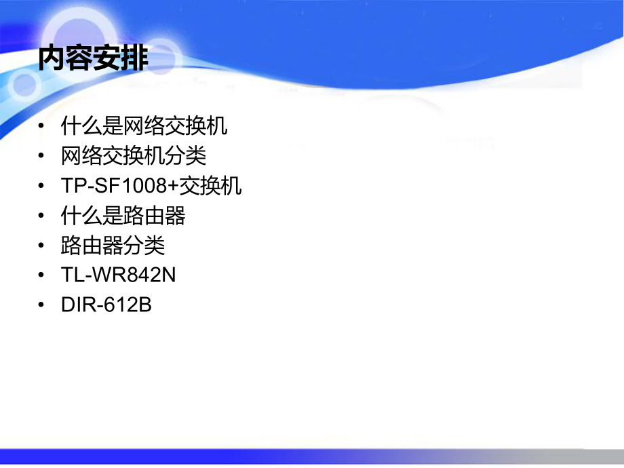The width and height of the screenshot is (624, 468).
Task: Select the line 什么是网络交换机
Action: pos(144,126)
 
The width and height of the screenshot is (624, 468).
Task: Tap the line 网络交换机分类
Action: pos(133,156)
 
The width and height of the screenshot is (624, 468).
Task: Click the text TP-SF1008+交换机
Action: pos(151,186)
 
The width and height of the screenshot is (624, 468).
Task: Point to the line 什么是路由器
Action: pos(123,216)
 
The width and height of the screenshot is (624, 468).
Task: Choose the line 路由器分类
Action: pos(113,246)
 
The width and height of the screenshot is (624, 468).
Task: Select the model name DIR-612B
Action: pos(106,305)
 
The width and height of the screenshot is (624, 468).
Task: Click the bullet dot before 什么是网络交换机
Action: pos(43,127)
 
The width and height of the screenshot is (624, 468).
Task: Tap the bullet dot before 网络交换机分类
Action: pos(43,157)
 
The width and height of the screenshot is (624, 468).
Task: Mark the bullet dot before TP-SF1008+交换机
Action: pos(43,187)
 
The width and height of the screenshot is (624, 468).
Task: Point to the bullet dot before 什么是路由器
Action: pos(43,216)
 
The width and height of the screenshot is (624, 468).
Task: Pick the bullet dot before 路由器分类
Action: pos(43,246)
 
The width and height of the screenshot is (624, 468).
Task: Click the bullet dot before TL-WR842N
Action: pos(43,276)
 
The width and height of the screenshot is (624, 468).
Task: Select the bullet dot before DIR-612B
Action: pos(43,306)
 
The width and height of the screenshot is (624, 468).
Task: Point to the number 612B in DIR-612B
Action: pos(128,305)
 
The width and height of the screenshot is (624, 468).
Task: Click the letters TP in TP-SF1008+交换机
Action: pos(71,186)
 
